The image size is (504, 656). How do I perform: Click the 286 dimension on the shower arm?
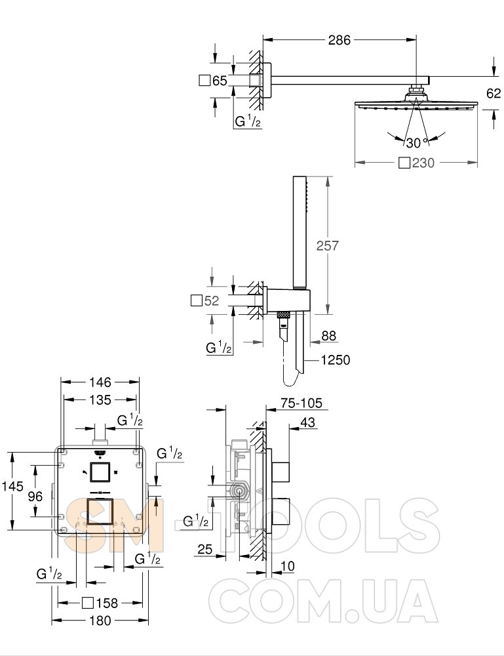coord(339,40)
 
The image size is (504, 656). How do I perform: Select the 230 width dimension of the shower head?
coord(423,163)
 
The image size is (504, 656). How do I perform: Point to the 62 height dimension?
coord(494,93)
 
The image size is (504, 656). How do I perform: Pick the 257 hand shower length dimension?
coord(327,245)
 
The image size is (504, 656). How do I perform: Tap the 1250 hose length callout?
coord(336,359)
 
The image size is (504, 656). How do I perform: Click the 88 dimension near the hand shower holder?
coord(329,336)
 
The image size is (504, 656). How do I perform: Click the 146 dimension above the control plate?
coord(100,382)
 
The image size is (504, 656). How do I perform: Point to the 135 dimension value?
coord(100,400)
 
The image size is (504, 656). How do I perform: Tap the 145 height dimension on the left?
coord(12,486)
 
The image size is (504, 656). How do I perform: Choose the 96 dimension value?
coord(35,496)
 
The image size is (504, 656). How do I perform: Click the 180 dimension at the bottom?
coord(100,621)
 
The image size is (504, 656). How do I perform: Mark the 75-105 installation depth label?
coord(301,403)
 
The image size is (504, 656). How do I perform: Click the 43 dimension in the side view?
coord(307,422)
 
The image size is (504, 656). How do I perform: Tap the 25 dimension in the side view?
coord(204,549)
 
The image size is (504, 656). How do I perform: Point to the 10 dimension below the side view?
coord(288,566)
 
